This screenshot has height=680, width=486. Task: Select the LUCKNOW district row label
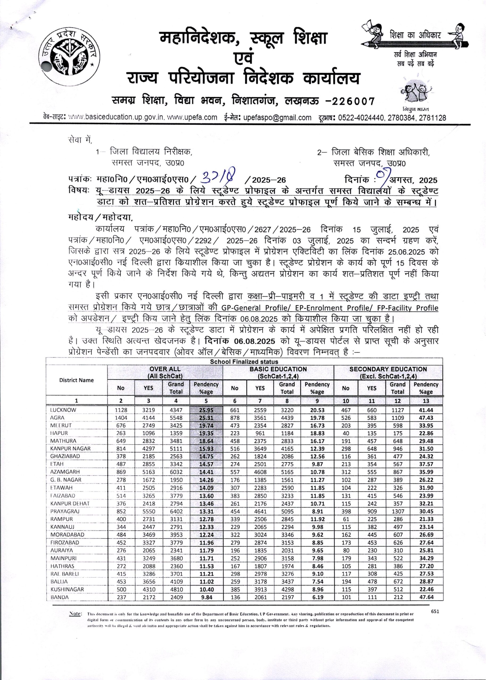(x=63, y=410)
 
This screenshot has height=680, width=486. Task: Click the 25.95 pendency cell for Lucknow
(x=206, y=410)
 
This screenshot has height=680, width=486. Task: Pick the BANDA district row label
(x=60, y=597)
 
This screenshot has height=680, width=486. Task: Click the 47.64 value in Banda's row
(x=426, y=597)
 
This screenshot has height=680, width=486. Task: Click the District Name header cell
(x=76, y=380)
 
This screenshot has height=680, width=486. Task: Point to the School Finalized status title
(x=244, y=362)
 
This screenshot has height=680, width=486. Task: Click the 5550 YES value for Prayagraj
(x=149, y=511)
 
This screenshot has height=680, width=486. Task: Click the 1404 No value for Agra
(x=121, y=418)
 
